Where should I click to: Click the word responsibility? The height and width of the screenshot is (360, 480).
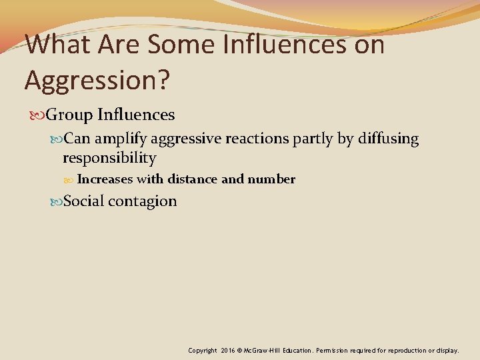[109, 158]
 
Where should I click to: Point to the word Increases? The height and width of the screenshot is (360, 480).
[105, 179]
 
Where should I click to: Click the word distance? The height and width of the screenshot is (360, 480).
[193, 179]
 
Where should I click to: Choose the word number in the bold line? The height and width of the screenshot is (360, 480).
[271, 179]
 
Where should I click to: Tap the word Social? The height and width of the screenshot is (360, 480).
[83, 201]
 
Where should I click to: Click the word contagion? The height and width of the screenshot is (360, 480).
[143, 201]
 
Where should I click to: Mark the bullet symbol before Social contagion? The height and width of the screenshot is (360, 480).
[56, 202]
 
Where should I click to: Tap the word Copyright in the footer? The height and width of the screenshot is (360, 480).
[203, 350]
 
